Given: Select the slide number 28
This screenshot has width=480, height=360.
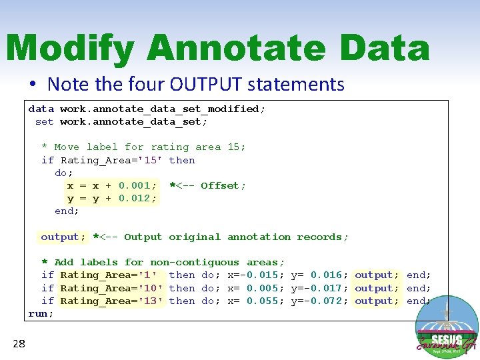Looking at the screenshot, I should (x=19, y=344).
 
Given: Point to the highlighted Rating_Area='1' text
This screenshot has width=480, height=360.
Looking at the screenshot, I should (x=109, y=275).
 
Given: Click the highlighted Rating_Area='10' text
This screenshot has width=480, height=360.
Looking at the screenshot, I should (x=111, y=288).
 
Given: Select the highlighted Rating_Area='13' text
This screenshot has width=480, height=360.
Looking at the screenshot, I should (x=111, y=301).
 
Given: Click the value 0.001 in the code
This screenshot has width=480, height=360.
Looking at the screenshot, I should (x=137, y=186).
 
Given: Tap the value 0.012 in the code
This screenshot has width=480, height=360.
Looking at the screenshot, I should (x=137, y=199).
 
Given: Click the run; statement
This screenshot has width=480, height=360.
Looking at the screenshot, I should (x=41, y=314).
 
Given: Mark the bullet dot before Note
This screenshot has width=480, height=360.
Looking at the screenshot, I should (x=32, y=85).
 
